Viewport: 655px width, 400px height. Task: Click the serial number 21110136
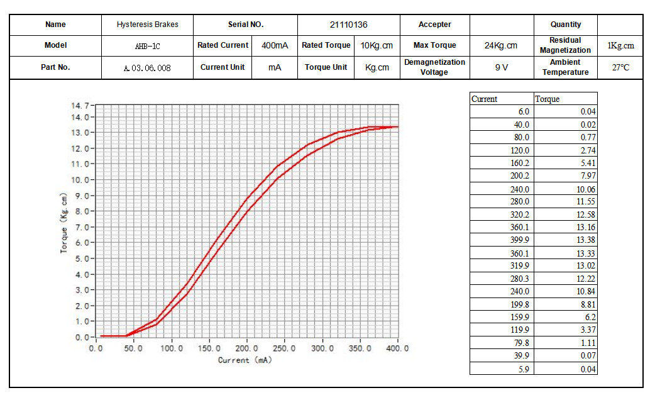click(348, 25)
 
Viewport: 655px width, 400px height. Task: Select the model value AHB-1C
click(147, 45)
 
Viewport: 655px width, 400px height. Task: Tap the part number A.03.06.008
click(147, 67)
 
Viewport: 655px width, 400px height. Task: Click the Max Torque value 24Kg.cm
click(501, 45)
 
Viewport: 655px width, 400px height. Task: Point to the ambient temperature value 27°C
click(620, 67)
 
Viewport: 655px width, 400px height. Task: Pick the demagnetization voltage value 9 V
click(501, 67)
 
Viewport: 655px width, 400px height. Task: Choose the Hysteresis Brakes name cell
click(147, 25)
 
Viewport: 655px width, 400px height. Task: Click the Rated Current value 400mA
click(275, 45)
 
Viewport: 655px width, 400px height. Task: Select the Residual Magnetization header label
click(565, 45)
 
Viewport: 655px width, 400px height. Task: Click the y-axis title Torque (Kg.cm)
click(64, 223)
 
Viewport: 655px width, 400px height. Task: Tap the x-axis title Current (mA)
click(245, 360)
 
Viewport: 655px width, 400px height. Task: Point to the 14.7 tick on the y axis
click(80, 105)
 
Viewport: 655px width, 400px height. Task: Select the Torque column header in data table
click(548, 99)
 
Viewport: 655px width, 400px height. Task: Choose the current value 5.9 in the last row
click(523, 369)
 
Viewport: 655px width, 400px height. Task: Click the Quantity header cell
click(565, 25)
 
